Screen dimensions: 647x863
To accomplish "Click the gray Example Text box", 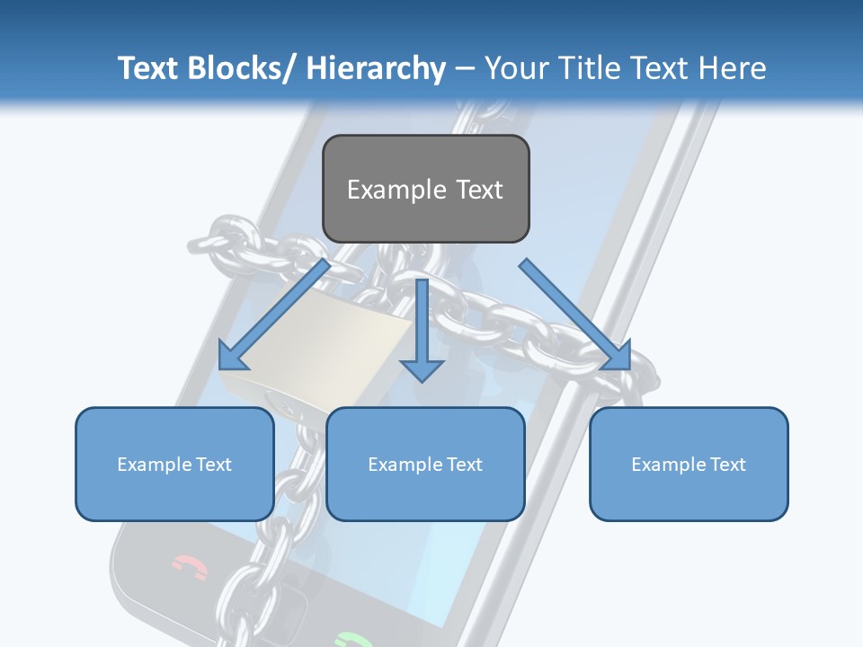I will coord(425,189).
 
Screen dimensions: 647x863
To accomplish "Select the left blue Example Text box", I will coord(173,464).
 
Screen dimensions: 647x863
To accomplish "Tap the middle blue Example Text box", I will coord(424,464).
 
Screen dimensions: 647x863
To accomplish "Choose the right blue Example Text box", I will coord(689,464).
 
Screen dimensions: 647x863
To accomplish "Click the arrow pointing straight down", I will coord(422,332).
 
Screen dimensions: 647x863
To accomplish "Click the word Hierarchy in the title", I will coord(376,68).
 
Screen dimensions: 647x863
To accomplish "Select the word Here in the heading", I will coord(734,68).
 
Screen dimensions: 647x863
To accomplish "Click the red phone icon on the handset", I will coord(190,567).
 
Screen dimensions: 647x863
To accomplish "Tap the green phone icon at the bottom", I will coord(352,641).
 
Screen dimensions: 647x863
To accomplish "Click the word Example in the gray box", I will coord(396,190).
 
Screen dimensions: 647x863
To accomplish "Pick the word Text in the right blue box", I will coord(727,464).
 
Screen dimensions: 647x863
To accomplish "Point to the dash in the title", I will coord(465,69).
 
